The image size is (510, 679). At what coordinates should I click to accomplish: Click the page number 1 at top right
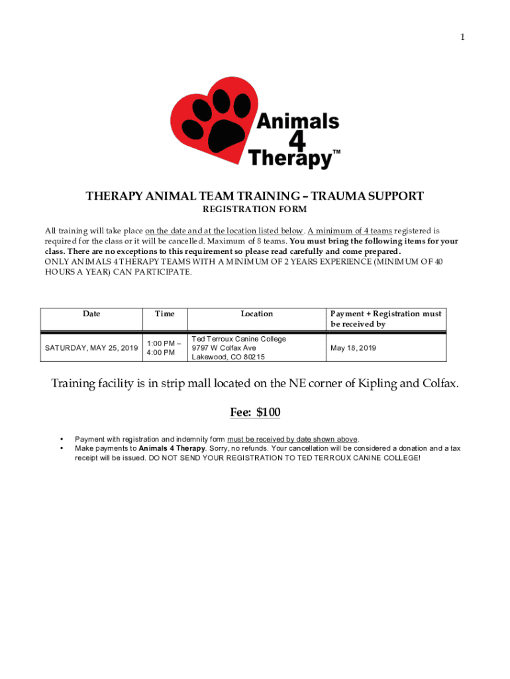click(463, 37)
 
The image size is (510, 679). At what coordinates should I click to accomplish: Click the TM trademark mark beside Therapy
click(336, 153)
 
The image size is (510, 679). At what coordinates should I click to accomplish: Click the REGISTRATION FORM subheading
click(254, 210)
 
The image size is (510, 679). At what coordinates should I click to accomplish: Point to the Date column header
click(91, 314)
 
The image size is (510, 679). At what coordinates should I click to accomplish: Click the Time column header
click(164, 314)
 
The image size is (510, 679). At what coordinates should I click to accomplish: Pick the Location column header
click(256, 314)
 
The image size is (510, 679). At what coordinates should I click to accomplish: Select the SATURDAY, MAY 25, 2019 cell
click(91, 347)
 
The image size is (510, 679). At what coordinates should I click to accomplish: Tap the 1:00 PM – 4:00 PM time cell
click(162, 347)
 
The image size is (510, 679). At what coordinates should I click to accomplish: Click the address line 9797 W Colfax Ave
click(224, 347)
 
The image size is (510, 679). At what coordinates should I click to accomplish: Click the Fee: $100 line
click(255, 412)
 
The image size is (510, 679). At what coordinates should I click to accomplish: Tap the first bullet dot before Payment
click(62, 439)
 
